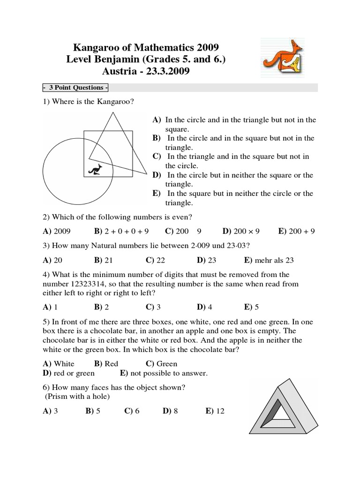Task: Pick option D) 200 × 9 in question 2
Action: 241,231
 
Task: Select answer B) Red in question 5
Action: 106,363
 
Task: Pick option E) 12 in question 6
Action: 215,411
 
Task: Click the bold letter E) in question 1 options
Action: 156,194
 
